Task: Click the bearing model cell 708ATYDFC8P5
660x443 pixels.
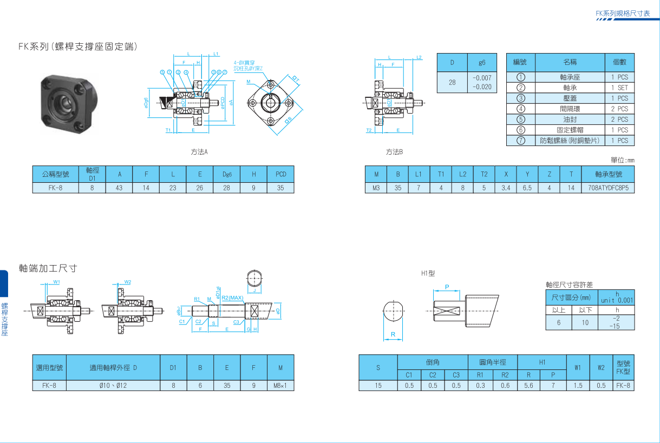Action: click(x=607, y=188)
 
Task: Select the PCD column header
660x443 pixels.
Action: click(x=280, y=174)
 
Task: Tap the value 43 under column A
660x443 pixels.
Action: click(x=119, y=188)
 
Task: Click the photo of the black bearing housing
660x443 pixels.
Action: click(x=69, y=101)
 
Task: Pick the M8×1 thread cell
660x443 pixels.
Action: click(x=280, y=386)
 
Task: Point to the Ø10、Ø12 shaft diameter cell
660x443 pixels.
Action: click(x=113, y=386)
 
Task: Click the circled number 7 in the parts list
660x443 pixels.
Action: click(x=521, y=141)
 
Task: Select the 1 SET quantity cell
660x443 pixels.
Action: click(x=619, y=88)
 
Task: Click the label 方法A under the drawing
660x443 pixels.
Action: click(x=199, y=152)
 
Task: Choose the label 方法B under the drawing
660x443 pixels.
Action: click(x=394, y=152)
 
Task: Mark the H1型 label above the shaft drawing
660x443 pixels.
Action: click(x=428, y=274)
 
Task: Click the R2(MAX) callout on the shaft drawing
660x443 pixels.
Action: click(x=232, y=298)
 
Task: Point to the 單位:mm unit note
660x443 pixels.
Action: click(x=622, y=160)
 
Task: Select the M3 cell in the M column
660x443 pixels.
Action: click(x=376, y=188)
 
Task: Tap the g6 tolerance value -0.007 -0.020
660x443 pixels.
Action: click(x=481, y=82)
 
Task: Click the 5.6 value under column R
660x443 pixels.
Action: click(x=529, y=386)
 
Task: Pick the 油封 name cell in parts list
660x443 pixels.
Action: click(x=570, y=120)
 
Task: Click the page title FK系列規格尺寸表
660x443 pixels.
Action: click(x=622, y=13)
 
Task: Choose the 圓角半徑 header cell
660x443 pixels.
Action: click(x=493, y=362)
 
